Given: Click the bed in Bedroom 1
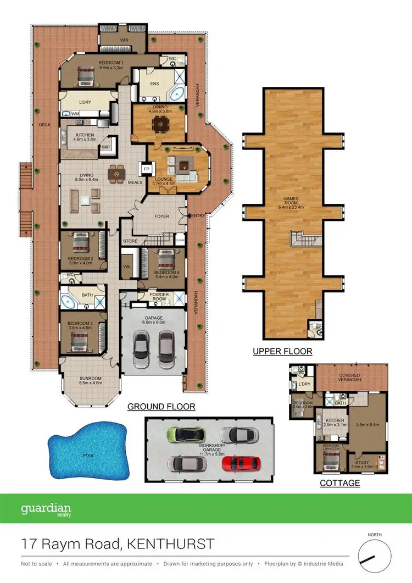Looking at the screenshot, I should point(86,75).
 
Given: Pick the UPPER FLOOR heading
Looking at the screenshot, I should point(282,351).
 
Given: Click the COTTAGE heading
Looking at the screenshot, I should point(340,483).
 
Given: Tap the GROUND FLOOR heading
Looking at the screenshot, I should point(162,407).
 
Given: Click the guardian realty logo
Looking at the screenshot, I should point(46,509).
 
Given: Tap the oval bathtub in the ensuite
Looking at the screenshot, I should point(175,93).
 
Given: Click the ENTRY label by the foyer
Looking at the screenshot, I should point(198,216).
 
